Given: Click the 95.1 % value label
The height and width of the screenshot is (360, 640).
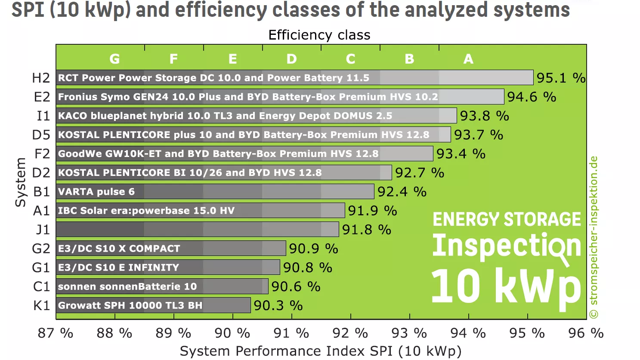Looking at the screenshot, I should pyautogui.click(x=560, y=78).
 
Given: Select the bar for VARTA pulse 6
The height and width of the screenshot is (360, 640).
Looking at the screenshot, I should pyautogui.click(x=215, y=191).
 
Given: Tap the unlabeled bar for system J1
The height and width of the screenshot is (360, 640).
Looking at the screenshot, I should pyautogui.click(x=197, y=229).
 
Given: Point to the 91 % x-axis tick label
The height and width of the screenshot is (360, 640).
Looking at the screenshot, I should pyautogui.click(x=291, y=333).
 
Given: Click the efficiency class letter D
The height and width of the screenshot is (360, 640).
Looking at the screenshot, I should pyautogui.click(x=291, y=59).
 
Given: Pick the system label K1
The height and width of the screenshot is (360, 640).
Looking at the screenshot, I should pyautogui.click(x=41, y=305).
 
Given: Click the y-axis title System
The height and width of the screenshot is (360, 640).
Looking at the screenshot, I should pyautogui.click(x=20, y=182).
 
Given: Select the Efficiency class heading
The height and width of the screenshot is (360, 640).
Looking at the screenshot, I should pyautogui.click(x=319, y=35).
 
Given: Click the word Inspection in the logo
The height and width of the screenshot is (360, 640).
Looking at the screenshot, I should pyautogui.click(x=506, y=246).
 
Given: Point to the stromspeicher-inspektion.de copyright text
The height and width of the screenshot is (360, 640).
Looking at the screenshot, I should pyautogui.click(x=594, y=237).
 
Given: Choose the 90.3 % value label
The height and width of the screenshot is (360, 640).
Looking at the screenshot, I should pyautogui.click(x=278, y=305).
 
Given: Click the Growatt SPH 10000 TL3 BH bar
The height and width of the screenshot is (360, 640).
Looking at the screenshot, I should pyautogui.click(x=153, y=305).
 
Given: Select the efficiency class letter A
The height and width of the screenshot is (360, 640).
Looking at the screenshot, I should pyautogui.click(x=468, y=59).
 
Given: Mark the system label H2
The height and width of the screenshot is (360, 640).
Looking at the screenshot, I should pyautogui.click(x=41, y=78).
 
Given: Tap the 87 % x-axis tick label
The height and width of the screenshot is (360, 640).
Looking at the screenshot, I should pyautogui.click(x=56, y=333).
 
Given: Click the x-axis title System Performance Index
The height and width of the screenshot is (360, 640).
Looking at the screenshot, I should pyautogui.click(x=320, y=351).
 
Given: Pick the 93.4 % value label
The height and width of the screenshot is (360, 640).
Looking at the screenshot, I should pyautogui.click(x=461, y=154).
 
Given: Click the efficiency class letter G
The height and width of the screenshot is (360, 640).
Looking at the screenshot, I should pyautogui.click(x=114, y=59).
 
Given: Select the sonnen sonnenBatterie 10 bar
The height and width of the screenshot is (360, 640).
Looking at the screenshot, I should pyautogui.click(x=162, y=286).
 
